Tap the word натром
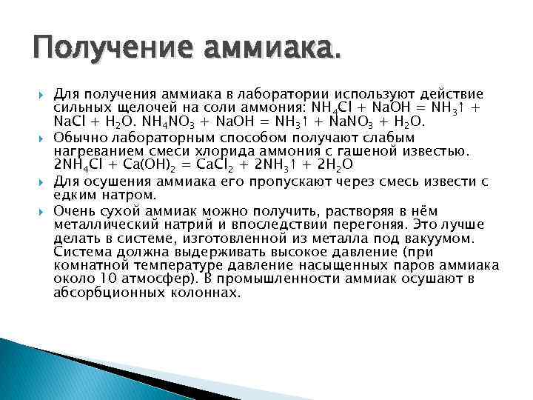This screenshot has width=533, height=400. tap(127, 196)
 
